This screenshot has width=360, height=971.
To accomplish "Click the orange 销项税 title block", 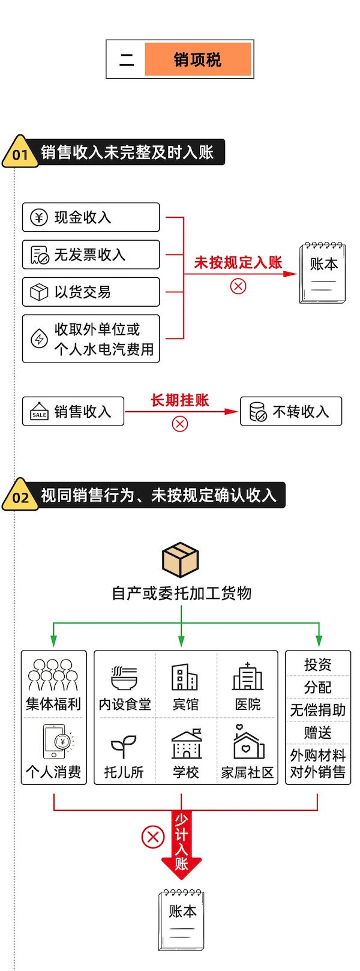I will click(x=197, y=59).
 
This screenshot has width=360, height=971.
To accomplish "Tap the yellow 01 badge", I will click(x=20, y=153).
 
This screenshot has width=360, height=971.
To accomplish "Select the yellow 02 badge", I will click(x=20, y=496).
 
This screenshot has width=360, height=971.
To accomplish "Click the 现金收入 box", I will click(x=91, y=217).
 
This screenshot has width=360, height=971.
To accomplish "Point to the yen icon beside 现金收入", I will click(x=39, y=217).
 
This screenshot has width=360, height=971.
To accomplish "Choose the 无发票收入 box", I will click(x=91, y=254).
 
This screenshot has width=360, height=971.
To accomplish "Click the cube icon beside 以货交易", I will click(x=39, y=292).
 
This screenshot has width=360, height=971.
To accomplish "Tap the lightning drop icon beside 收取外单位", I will click(x=39, y=338).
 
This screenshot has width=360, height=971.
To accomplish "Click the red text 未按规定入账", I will click(x=238, y=262).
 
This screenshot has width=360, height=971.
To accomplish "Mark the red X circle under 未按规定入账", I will click(x=238, y=286).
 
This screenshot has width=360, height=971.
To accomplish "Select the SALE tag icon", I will click(x=39, y=412).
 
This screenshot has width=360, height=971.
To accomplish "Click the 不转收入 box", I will click(x=291, y=412).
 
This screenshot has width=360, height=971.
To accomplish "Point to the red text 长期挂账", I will click(x=179, y=400).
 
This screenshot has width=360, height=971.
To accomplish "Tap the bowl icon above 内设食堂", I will click(x=125, y=678).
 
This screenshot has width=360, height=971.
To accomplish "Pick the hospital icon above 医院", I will click(x=247, y=677).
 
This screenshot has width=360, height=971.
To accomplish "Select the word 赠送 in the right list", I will click(x=317, y=732).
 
